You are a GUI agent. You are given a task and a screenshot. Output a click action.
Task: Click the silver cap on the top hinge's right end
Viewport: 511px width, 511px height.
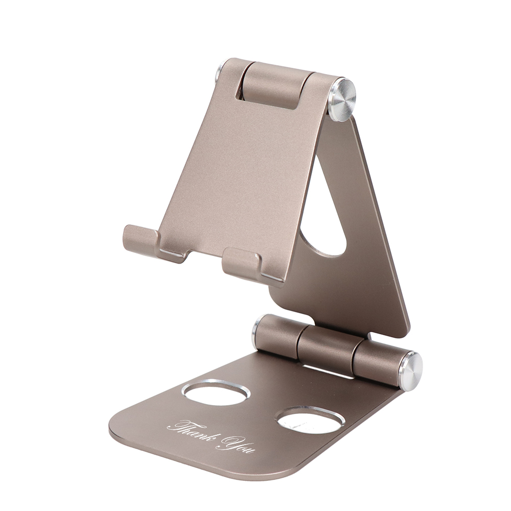click(342, 100)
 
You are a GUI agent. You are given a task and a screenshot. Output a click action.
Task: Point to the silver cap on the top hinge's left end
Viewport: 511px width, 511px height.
click(219, 73)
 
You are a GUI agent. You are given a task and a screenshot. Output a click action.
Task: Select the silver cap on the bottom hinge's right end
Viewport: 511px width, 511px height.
click(411, 371)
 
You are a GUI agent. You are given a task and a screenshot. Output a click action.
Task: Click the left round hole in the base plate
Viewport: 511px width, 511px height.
click(216, 392)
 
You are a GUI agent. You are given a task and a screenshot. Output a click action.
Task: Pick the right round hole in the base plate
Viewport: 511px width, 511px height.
click(311, 420)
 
